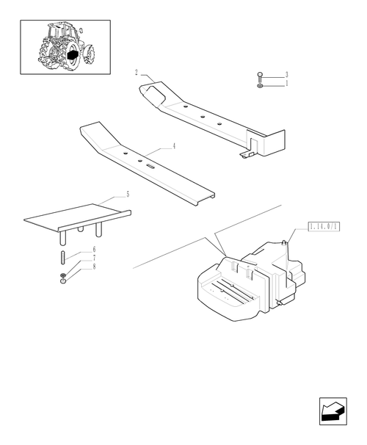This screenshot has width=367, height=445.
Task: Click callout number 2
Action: point(137,73)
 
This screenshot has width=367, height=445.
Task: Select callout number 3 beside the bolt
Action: point(286,75)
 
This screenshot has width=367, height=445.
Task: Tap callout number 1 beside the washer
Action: point(286,84)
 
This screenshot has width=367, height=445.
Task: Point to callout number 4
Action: point(174,147)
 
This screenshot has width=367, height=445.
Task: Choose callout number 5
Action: point(127,195)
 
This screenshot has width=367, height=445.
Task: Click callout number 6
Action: point(94,251)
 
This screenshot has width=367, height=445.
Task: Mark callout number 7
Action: point(94,259)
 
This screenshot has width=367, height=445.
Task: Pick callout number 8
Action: point(94,267)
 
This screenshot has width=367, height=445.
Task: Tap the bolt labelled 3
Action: point(261,77)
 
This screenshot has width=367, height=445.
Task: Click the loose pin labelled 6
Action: point(64,258)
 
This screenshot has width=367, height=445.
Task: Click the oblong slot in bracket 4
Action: point(150,166)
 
